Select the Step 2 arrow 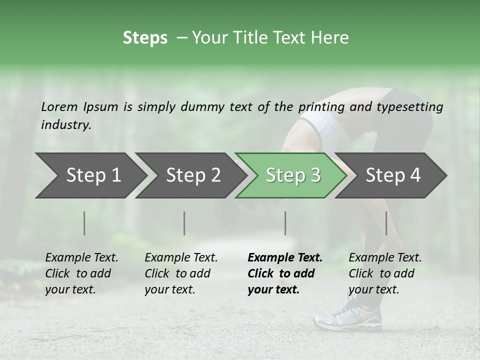pyautogui.click(x=192, y=175)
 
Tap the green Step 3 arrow pyautogui.click(x=292, y=175)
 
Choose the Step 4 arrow pyautogui.click(x=393, y=175)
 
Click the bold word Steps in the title pyautogui.click(x=145, y=37)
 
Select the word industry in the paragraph pyautogui.click(x=66, y=124)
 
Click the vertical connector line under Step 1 pyautogui.click(x=84, y=223)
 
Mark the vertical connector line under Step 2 pyautogui.click(x=184, y=223)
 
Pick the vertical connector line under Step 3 pyautogui.click(x=285, y=223)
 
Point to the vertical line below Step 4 pyautogui.click(x=386, y=223)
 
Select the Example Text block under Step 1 pyautogui.click(x=81, y=273)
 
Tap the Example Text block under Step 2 pyautogui.click(x=181, y=273)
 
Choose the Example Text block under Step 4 pyautogui.click(x=385, y=273)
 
